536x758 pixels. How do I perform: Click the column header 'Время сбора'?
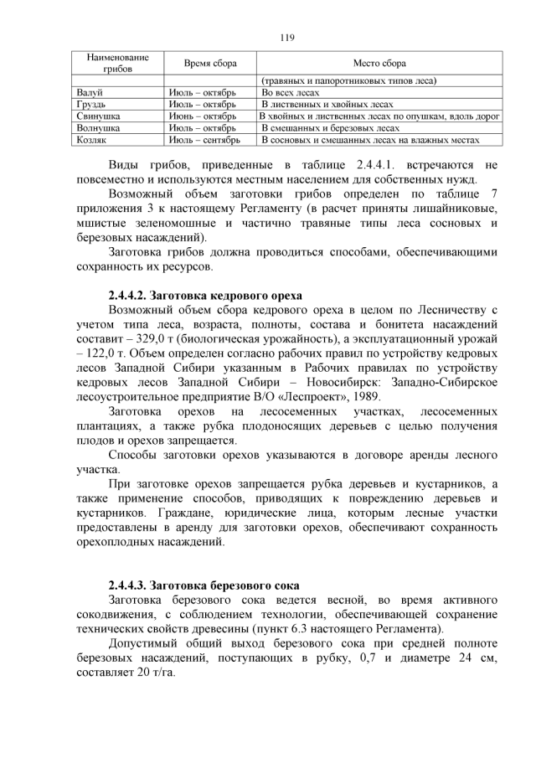point(210,63)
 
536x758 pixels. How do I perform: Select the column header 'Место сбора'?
point(382,63)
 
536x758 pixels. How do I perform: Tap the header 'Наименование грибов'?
point(118,63)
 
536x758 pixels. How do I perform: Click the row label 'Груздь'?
point(90,105)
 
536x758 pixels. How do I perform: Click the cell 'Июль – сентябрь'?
point(204,141)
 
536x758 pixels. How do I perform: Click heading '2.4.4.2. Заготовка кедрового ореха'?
point(205,295)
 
